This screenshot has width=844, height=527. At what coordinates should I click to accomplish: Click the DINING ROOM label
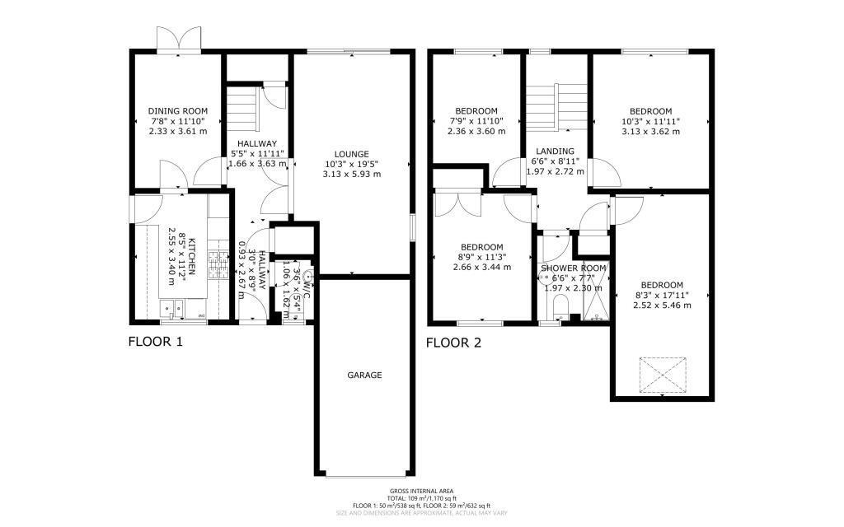coord(177,111)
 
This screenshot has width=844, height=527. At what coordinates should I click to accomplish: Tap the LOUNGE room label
coord(351,153)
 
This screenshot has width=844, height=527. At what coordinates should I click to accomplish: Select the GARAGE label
coord(363,375)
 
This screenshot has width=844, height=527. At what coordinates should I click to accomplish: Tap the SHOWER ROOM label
coord(573,268)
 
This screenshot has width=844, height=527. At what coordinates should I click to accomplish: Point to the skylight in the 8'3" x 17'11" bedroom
coord(663,375)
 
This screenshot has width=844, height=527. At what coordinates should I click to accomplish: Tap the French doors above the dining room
coord(179,40)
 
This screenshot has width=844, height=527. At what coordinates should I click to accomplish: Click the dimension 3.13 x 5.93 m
coord(351,174)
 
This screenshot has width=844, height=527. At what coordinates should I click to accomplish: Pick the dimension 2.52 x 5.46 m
coord(663,305)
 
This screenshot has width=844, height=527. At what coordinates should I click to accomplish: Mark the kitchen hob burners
coord(218,265)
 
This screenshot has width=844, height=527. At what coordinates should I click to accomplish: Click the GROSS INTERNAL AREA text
coord(421,492)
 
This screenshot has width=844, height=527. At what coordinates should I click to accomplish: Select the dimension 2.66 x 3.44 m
coord(481,267)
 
